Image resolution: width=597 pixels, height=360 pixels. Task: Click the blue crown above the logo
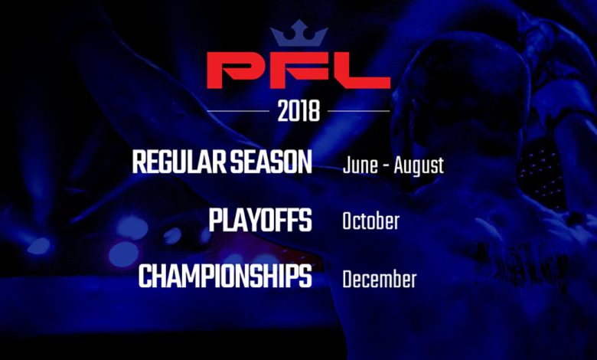[x=298, y=33]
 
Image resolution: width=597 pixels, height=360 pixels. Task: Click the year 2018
[x=298, y=111]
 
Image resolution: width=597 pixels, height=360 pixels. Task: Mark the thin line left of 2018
[x=238, y=111]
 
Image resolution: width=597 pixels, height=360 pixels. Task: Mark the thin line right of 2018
[x=359, y=111]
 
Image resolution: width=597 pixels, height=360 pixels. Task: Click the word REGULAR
[x=179, y=162]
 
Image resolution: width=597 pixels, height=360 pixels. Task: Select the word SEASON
[x=271, y=162]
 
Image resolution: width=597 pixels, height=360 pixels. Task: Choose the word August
[x=419, y=166]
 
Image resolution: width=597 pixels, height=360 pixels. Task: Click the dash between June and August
[x=386, y=167]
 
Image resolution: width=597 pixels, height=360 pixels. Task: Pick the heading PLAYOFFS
[x=260, y=220]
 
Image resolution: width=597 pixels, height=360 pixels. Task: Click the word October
[x=371, y=221]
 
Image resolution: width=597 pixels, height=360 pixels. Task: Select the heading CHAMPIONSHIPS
[x=225, y=277]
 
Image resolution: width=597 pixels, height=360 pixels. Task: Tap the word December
[x=380, y=280]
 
